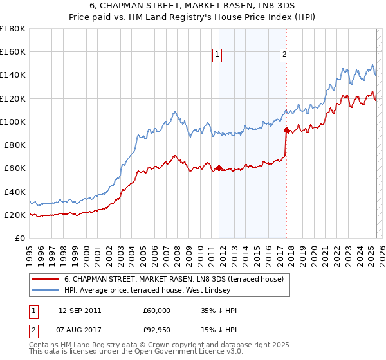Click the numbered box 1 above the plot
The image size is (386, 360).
[218, 55]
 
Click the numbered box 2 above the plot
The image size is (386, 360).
[284, 55]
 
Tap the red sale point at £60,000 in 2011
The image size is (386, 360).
[219, 168]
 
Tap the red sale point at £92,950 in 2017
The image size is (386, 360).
[286, 130]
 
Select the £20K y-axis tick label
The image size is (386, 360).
[15, 215]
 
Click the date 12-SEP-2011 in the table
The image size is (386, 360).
[80, 310]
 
